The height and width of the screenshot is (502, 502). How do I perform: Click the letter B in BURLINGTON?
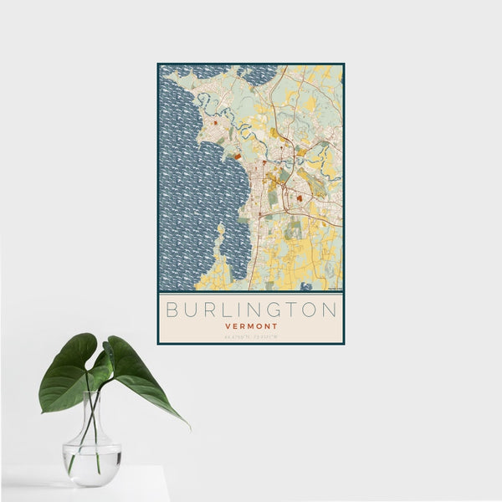tap(172, 310)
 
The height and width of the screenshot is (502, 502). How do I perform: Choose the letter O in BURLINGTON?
tap(308, 310)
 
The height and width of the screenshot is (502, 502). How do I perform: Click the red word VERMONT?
tap(251, 326)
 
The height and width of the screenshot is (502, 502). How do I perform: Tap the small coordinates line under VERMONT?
tap(251, 336)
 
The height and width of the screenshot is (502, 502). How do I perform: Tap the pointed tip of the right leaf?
tap(187, 426)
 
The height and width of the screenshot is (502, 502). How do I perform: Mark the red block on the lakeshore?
tap(237, 156)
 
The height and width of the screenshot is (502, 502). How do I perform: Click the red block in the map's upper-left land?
tap(215, 123)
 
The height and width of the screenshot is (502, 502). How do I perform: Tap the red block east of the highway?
tap(298, 199)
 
